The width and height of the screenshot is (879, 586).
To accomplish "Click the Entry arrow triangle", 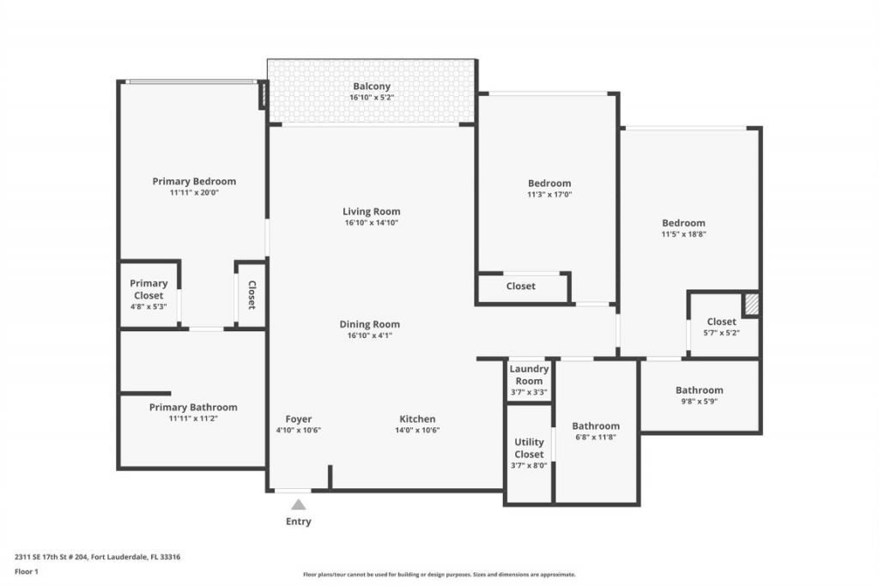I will click(298, 504).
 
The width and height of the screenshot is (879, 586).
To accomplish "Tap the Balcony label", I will click(371, 87).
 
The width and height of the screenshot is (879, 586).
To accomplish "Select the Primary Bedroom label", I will click(194, 181).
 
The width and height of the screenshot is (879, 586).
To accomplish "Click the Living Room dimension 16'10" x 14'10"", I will click(371, 223).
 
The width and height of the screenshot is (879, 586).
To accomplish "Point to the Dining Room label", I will click(370, 324).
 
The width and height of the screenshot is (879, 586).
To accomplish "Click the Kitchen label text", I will click(417, 419).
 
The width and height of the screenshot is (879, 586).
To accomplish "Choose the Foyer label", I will click(298, 419).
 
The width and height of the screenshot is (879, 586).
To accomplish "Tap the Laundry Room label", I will click(529, 375).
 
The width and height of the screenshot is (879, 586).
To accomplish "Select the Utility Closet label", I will click(529, 448).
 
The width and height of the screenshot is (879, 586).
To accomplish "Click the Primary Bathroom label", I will click(193, 407).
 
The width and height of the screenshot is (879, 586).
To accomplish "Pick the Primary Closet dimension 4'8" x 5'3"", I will click(149, 306).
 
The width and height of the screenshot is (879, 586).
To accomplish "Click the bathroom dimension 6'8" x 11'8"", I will click(596, 437).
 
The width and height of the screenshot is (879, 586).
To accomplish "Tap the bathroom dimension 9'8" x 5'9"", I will click(699, 401).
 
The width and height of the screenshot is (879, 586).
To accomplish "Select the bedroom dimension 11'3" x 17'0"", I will click(549, 194).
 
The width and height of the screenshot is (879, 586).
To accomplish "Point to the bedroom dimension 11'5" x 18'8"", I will click(683, 233).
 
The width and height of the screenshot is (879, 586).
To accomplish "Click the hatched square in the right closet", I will click(751, 304).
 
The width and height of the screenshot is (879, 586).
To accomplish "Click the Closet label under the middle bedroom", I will click(521, 287).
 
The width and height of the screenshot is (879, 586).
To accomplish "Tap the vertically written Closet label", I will click(252, 295).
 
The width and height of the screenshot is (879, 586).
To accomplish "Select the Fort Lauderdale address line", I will click(97, 557).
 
